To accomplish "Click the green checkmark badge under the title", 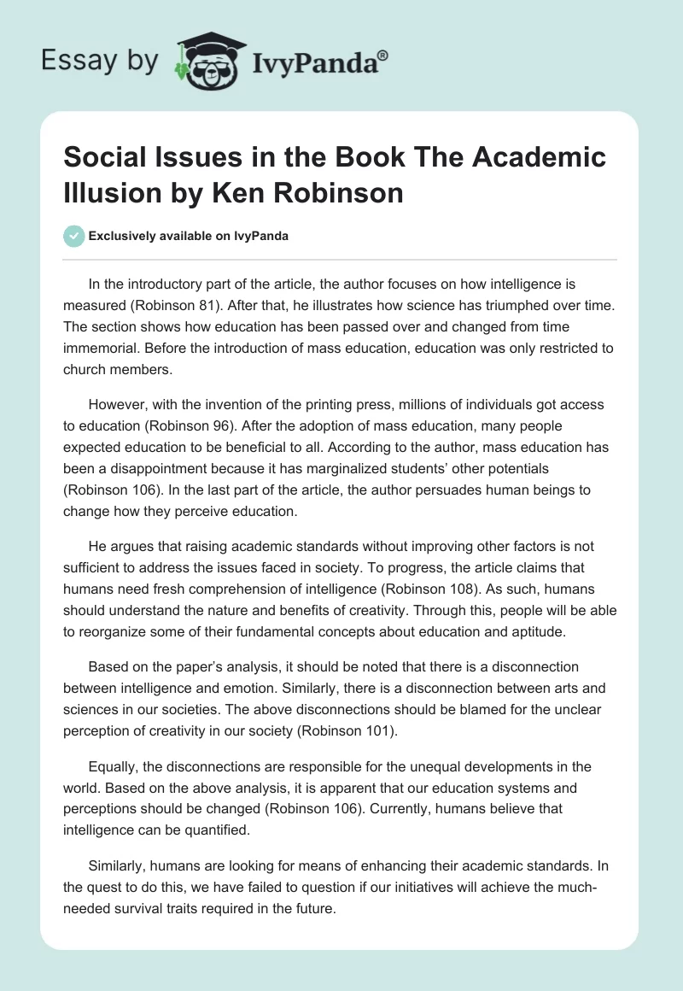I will point(74,236).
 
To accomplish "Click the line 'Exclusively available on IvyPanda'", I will point(188,237).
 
